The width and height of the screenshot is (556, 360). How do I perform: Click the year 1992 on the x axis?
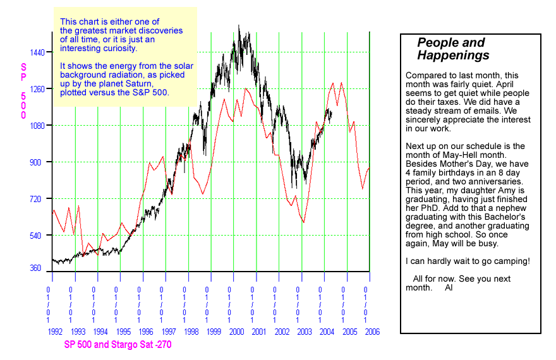coord(54,332)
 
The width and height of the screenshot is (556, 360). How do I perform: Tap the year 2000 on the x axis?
coord(236,332)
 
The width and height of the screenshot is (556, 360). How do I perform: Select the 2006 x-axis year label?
coord(372,332)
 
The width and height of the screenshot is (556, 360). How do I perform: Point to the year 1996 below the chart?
coord(145,332)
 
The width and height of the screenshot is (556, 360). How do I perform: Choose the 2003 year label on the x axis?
coord(305,332)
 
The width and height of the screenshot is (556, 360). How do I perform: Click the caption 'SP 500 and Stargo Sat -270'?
coord(118,345)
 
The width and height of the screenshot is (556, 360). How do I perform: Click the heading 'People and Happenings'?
coord(452,49)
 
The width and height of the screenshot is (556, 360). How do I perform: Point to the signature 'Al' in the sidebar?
coord(449,287)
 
